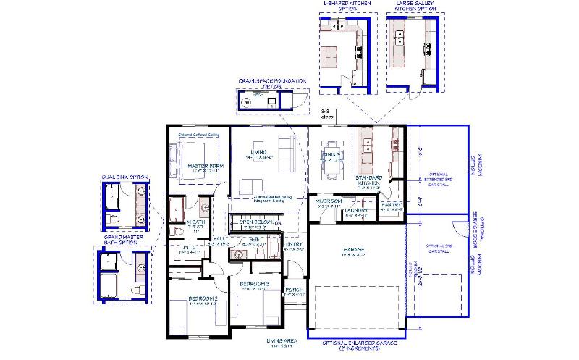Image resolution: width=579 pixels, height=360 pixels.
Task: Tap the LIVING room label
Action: click(254, 151)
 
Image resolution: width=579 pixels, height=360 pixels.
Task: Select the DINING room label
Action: click(332, 154)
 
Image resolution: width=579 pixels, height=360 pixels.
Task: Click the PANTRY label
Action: click(391, 204)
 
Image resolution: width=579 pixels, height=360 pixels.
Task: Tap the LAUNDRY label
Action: click(357, 211)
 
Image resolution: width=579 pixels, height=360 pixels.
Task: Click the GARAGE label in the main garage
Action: click(354, 250)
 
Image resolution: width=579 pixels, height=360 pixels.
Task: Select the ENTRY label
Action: click(295, 244)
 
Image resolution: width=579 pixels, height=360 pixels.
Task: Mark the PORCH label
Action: click(295, 290)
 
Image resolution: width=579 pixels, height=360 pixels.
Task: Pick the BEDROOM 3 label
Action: click(255, 282)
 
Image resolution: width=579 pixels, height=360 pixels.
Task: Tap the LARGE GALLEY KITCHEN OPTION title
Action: click(415, 7)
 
